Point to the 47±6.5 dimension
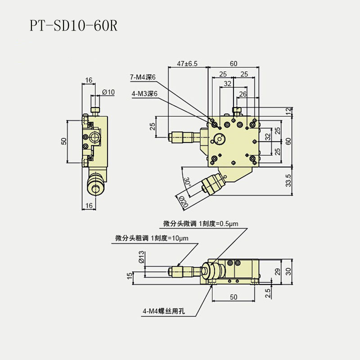click(187, 64)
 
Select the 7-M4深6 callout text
click(143, 77)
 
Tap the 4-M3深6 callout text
click(143, 94)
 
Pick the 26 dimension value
click(243, 94)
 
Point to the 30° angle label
click(187, 182)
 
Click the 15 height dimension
click(130, 275)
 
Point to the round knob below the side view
click(95, 186)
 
